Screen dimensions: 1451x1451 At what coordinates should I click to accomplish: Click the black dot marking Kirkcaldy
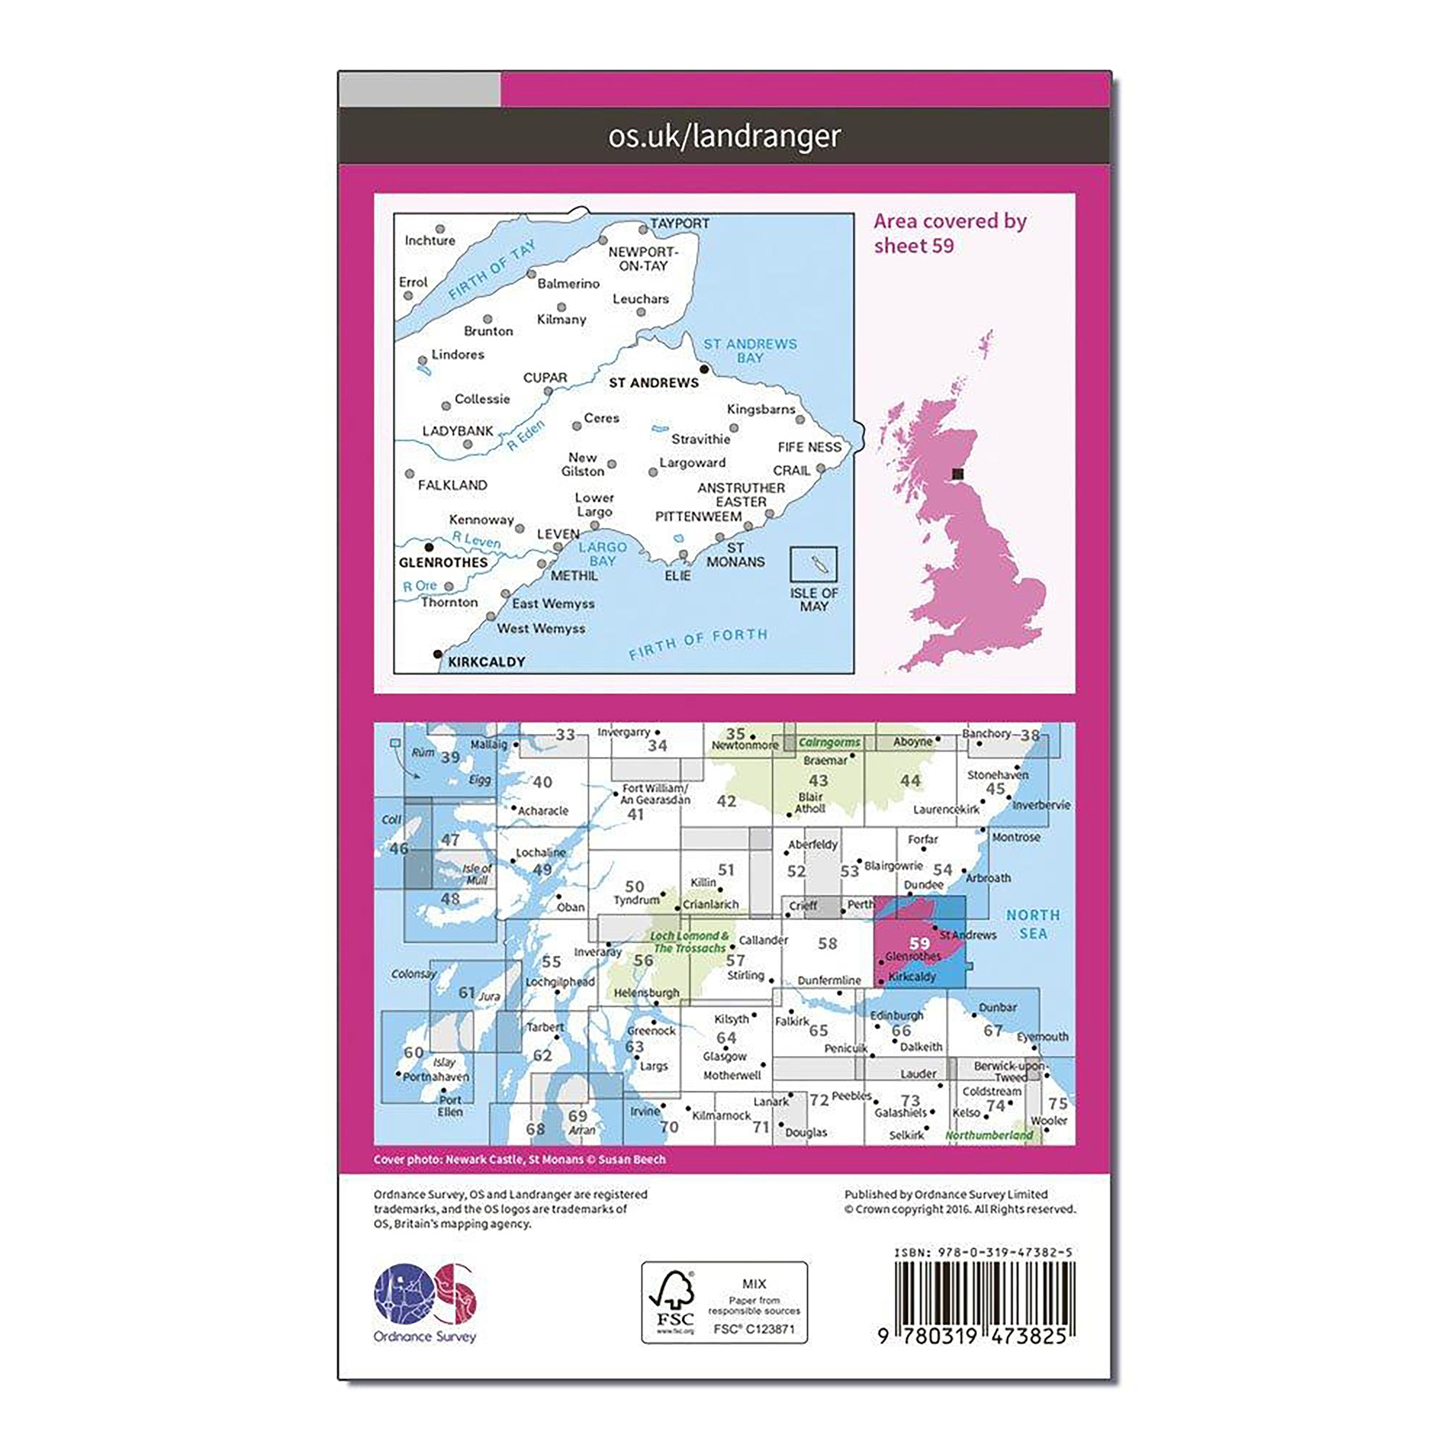438,654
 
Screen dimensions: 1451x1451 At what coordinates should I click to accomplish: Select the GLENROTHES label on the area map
443,563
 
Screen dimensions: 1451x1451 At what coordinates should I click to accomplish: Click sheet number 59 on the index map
919,942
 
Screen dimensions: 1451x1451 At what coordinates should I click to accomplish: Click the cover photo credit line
520,1160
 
